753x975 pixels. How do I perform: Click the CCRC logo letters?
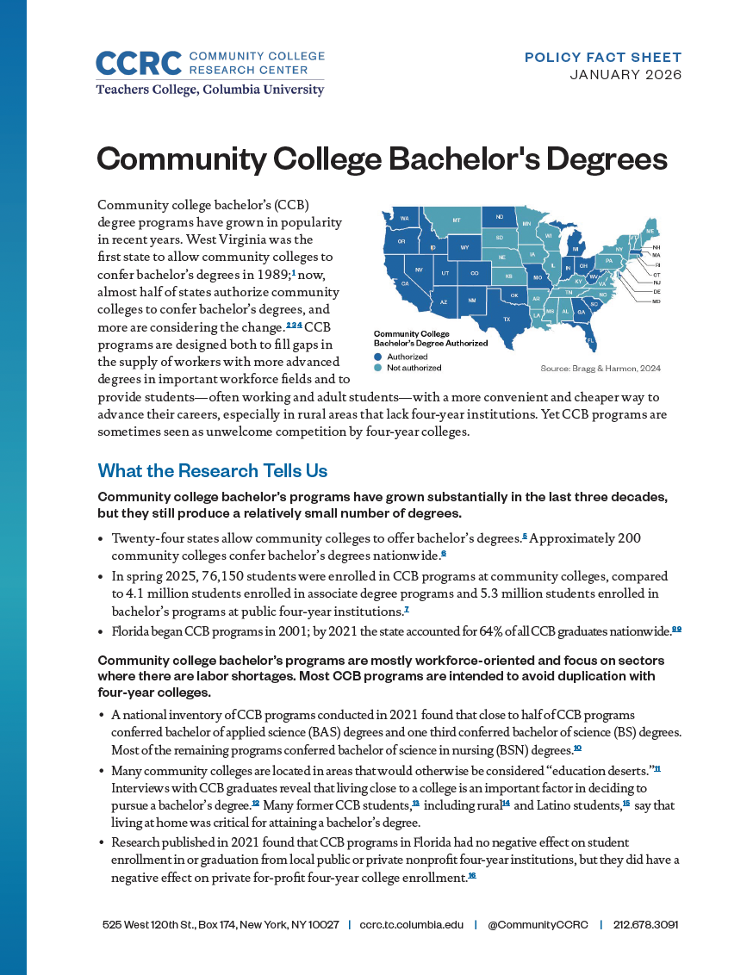click(138, 64)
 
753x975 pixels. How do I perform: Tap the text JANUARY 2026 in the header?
click(625, 75)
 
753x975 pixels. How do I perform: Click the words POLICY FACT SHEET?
click(603, 58)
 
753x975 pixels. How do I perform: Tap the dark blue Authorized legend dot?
click(377, 357)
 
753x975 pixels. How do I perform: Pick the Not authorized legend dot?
click(377, 368)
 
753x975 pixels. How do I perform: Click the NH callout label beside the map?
click(657, 247)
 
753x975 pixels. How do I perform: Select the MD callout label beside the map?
click(657, 301)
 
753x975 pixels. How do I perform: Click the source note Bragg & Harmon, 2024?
click(601, 369)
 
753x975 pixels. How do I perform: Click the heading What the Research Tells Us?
click(213, 470)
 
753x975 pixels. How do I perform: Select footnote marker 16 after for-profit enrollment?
click(472, 876)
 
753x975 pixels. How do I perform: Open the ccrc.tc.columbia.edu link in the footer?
click(411, 924)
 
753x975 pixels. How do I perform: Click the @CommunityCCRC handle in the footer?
click(538, 924)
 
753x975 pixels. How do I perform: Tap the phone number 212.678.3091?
click(645, 924)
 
